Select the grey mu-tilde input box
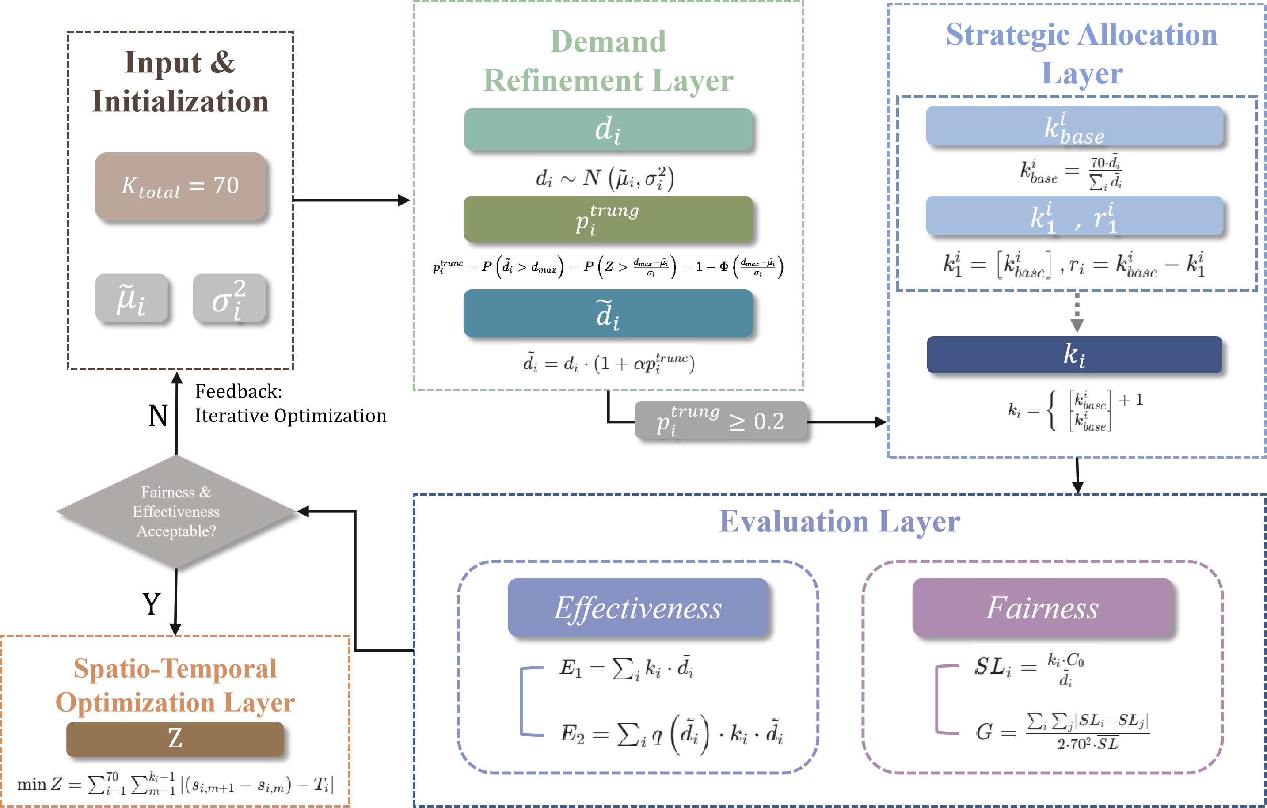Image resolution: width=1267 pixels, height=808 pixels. tap(132, 298)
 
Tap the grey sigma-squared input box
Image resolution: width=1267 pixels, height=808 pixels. tap(229, 298)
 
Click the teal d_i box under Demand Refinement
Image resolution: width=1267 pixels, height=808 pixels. tap(608, 129)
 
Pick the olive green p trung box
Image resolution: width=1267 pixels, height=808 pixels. tap(608, 219)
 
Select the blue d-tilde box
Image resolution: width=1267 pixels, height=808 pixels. tap(608, 313)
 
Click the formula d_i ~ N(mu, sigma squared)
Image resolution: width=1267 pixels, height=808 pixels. tap(607, 177)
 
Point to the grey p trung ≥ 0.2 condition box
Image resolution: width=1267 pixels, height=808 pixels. tap(720, 420)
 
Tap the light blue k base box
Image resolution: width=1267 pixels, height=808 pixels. tap(1074, 126)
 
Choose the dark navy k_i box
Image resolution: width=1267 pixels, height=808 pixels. tap(1074, 355)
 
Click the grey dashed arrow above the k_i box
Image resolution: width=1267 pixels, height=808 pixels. tap(1077, 312)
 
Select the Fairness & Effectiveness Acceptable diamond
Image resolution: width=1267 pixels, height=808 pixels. tap(176, 511)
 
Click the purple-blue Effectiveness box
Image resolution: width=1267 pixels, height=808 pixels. tap(638, 607)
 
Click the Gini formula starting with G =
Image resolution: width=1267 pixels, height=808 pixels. tap(1062, 728)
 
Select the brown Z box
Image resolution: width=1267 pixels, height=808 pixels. tap(175, 739)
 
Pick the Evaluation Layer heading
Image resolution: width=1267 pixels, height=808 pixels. tap(839, 521)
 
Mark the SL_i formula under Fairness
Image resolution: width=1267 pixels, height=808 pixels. tap(1035, 668)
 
